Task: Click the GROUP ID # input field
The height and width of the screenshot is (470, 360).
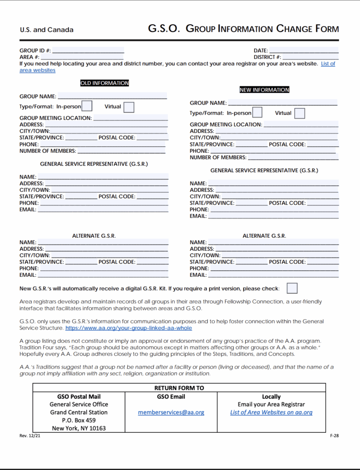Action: click(x=88, y=50)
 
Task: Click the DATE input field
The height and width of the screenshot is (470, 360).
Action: click(x=304, y=50)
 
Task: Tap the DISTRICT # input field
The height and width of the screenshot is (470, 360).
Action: click(x=310, y=57)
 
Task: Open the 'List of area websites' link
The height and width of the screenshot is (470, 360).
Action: click(x=327, y=64)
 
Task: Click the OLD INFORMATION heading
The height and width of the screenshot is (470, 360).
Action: click(x=105, y=83)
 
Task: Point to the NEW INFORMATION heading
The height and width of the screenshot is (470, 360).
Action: click(x=265, y=90)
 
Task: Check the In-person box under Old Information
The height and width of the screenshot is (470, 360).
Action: click(x=87, y=106)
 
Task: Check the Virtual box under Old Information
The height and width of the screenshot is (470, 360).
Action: click(x=129, y=107)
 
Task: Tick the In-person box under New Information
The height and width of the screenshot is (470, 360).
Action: click(x=257, y=112)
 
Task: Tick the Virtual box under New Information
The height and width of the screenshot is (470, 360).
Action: click(x=299, y=113)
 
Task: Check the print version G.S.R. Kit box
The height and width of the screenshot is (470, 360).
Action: click(x=292, y=288)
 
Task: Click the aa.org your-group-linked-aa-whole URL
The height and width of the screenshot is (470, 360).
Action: click(x=128, y=328)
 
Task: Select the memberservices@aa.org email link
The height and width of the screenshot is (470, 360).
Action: click(x=171, y=412)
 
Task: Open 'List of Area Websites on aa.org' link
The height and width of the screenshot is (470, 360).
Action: click(x=271, y=412)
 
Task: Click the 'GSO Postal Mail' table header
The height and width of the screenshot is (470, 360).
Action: click(x=79, y=397)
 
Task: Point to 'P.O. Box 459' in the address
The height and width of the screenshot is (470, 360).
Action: click(x=79, y=420)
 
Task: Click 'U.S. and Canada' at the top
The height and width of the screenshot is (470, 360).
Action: click(x=46, y=30)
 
